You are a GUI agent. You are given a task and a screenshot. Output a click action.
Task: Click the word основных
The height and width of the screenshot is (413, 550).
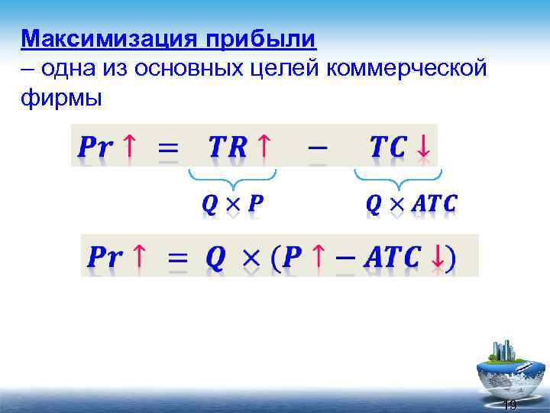click(x=194, y=68)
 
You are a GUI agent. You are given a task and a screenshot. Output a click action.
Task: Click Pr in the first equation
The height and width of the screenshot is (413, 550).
click(x=96, y=146)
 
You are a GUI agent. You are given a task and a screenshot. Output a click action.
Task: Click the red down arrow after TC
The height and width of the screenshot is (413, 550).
click(x=422, y=146)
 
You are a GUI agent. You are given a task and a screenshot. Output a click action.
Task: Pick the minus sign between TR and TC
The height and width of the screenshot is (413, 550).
click(x=319, y=146)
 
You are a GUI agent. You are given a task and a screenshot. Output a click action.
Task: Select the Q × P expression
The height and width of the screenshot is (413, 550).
click(x=232, y=204)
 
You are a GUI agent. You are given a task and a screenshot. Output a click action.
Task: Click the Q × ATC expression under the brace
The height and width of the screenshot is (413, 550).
click(x=412, y=204)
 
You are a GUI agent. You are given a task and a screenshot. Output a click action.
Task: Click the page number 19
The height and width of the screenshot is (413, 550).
click(x=510, y=405)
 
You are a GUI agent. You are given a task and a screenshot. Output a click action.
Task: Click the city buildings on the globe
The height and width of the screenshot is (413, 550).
click(x=504, y=350)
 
